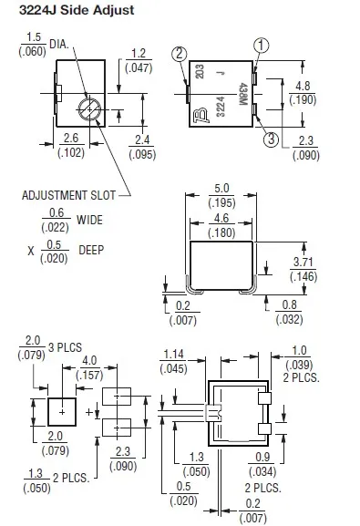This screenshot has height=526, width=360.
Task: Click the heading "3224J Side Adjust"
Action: click(x=77, y=10)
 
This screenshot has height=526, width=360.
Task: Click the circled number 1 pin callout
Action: click(x=261, y=46)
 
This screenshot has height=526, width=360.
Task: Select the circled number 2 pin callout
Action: click(x=180, y=54)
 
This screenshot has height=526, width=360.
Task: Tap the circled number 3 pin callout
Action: click(x=271, y=139)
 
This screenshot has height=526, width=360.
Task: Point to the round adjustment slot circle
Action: click(x=89, y=108)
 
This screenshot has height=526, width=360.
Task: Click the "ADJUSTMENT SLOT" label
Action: click(x=68, y=195)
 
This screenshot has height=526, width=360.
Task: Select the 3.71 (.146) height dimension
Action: click(x=303, y=269)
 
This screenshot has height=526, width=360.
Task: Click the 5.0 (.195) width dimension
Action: click(x=221, y=196)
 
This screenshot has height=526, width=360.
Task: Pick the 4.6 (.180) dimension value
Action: click(x=221, y=225)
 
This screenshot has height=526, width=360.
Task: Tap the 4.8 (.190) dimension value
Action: click(x=303, y=93)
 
